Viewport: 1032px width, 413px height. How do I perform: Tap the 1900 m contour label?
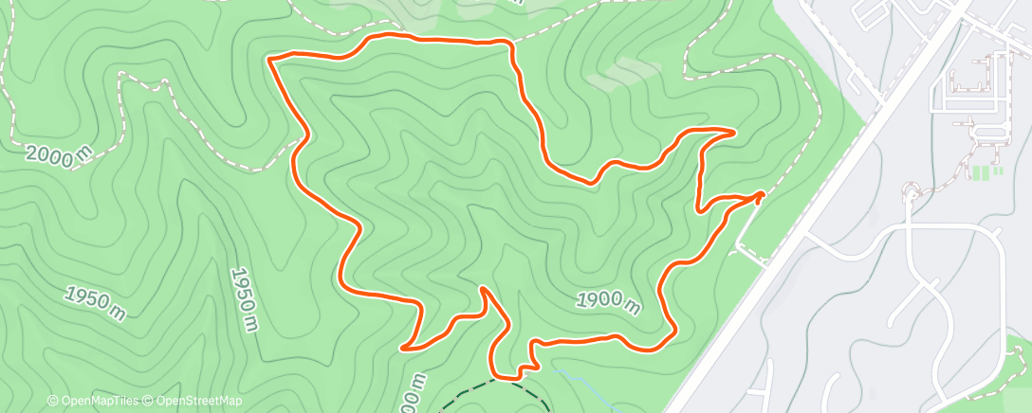tap(608, 300)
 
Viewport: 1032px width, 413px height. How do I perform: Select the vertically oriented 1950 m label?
tap(243, 298)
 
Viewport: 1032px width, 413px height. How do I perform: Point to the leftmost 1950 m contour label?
tap(95, 300)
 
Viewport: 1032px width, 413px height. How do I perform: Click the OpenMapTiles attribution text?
tap(95, 402)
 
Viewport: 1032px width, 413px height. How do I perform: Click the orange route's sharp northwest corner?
tap(271, 60)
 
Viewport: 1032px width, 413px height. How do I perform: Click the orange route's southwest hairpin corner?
tap(405, 348)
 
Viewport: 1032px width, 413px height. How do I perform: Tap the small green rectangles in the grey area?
tap(986, 172)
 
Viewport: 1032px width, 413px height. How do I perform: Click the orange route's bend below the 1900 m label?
tap(670, 332)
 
